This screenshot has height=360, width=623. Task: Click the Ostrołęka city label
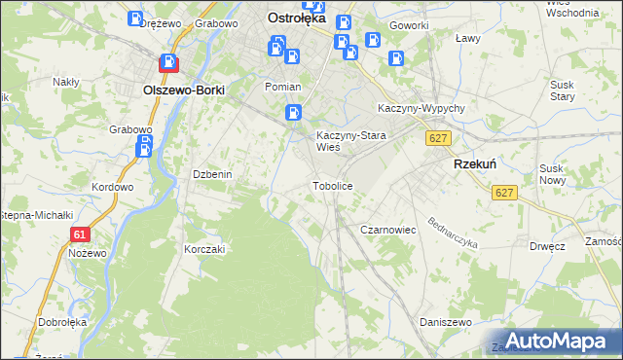[x=302, y=17]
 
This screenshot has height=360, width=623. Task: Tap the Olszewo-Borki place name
[x=183, y=90]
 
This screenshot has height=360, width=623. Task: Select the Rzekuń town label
[x=476, y=165]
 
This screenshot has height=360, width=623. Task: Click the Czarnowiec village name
[x=388, y=230]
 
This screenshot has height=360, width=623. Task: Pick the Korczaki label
[x=204, y=249]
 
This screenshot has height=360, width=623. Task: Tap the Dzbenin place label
[x=211, y=174]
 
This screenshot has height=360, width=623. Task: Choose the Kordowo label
[x=111, y=187]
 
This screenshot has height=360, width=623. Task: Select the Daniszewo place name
[x=445, y=321]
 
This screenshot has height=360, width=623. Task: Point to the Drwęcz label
[x=548, y=246]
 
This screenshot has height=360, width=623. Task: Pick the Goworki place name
[x=408, y=25]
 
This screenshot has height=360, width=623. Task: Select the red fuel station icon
[x=169, y=63]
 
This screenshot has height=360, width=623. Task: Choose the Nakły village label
[x=66, y=82]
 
